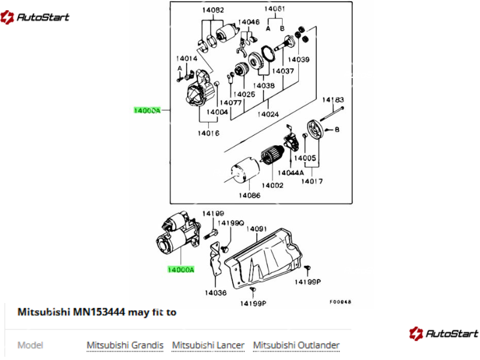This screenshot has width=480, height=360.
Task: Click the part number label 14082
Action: tap(213, 10)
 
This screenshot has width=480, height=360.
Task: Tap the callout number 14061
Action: tap(275, 8)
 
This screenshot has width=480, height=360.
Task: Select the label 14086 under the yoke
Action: tap(250, 196)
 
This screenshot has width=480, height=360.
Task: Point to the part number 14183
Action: tap(333, 100)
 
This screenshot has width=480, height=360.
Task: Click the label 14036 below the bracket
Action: tap(216, 293)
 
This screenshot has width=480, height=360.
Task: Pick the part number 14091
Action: tap(257, 229)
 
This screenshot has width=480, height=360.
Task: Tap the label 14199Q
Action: tap(231, 223)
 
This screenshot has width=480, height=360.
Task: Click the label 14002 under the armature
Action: tap(272, 185)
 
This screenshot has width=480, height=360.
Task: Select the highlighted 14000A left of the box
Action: tap(147, 110)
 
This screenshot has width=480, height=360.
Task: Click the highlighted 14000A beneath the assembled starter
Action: tap(181, 269)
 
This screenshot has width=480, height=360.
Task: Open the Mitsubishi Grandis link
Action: tap(125, 346)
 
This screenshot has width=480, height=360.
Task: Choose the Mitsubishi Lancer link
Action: tap(208, 346)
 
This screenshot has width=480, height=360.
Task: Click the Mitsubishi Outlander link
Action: tap(296, 346)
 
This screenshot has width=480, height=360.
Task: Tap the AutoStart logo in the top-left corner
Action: tap(35, 17)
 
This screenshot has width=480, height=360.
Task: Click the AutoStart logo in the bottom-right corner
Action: tap(443, 334)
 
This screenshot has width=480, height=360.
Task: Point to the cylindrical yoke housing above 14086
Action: tap(245, 171)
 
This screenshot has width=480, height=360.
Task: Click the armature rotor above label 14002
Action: tap(272, 155)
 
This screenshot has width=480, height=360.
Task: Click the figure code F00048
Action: tap(340, 302)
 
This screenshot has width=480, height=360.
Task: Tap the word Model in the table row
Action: tap(31, 346)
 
